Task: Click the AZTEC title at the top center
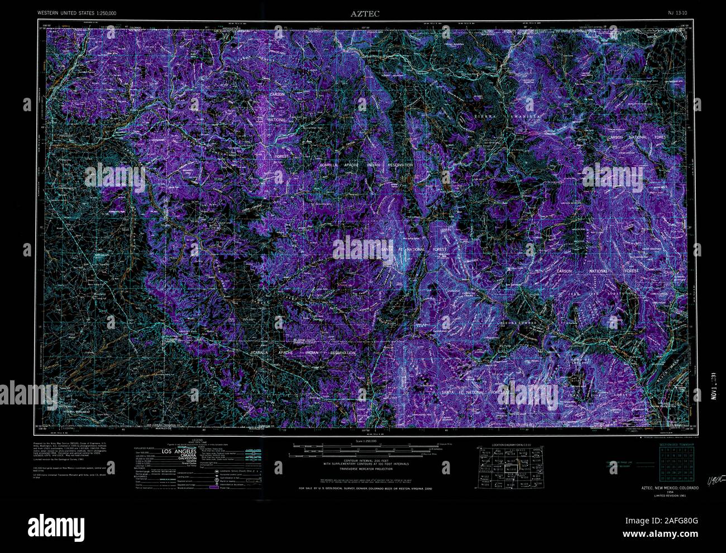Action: (x=365, y=14)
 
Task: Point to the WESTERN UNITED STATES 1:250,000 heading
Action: (x=77, y=12)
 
